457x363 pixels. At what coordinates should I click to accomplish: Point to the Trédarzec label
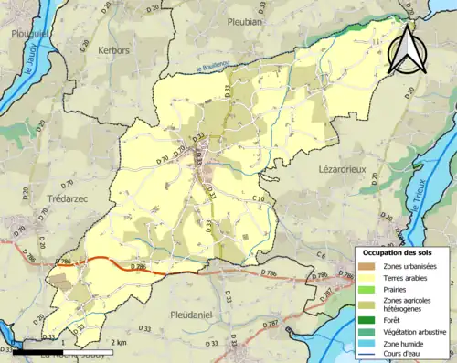pos(66,198)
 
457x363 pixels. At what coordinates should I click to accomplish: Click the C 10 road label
pos(259,198)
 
